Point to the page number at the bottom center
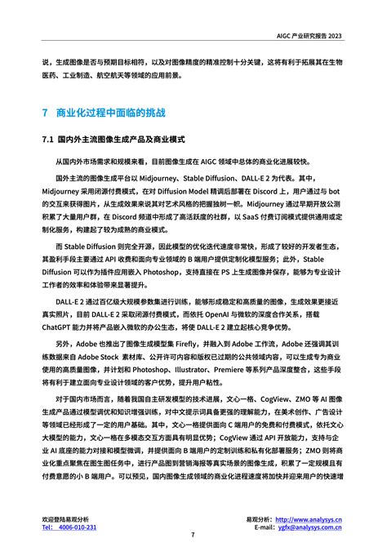coord(193,535)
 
